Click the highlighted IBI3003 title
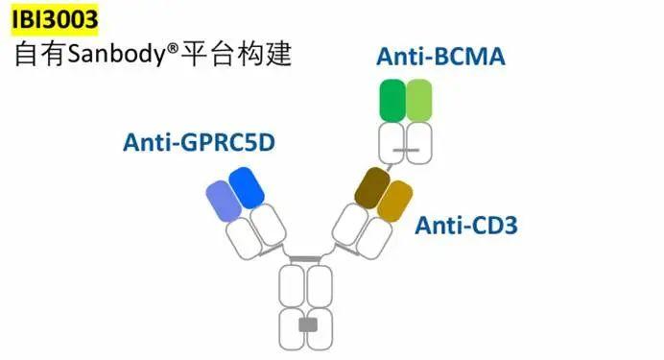point(55,19)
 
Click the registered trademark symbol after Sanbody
point(174,48)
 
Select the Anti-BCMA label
point(440,57)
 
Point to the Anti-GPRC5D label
point(199,142)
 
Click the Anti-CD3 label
point(466,226)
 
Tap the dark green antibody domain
point(392,101)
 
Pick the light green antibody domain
point(419,101)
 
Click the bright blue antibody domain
point(247,187)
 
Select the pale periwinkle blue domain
point(224,201)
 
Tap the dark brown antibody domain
point(372,187)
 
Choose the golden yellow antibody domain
point(394,201)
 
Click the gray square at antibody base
point(308,324)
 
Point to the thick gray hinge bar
point(305,259)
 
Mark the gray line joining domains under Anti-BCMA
point(406,150)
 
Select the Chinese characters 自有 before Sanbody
point(39,54)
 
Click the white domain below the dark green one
point(391,143)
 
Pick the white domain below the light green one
point(419,143)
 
